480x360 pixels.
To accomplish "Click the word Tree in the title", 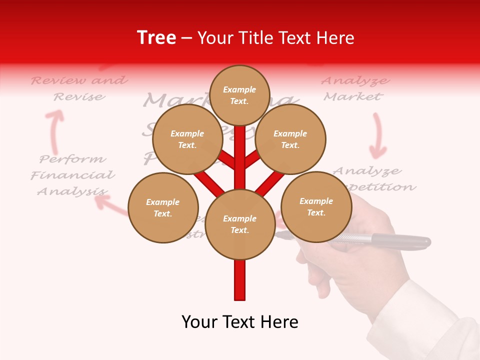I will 156,38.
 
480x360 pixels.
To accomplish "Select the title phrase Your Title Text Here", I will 276,38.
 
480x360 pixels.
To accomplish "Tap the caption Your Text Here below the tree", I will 240,322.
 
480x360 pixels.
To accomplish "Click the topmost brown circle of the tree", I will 239,95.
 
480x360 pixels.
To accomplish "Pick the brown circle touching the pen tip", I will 316,206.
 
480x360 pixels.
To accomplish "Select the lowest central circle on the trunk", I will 240,224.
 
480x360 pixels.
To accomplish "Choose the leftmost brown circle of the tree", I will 163,207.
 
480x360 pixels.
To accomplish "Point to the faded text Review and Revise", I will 79,88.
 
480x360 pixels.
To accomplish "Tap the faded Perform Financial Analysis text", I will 73,175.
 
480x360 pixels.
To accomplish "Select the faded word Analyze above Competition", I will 367,171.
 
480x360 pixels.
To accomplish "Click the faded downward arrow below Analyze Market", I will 378,135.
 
